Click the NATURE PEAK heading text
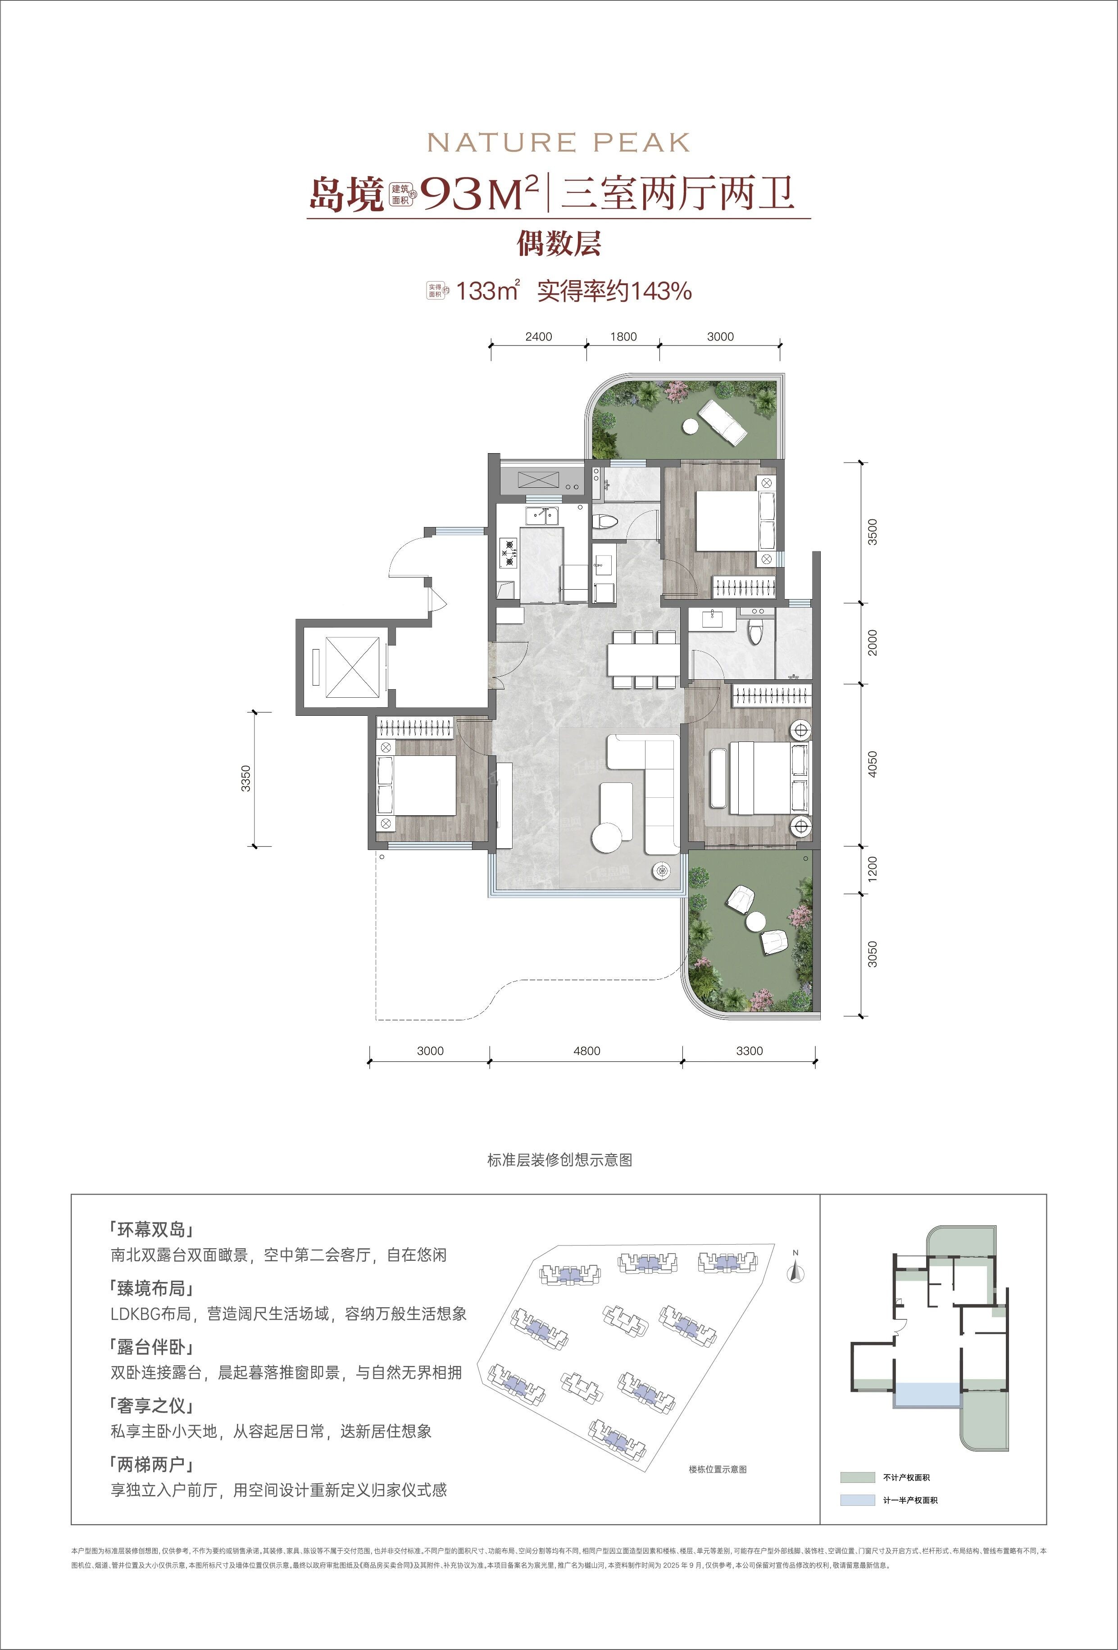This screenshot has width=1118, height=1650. click(559, 143)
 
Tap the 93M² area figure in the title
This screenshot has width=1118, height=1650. click(480, 193)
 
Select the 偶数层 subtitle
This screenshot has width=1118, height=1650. click(559, 244)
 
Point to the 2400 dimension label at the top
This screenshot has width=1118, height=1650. click(538, 336)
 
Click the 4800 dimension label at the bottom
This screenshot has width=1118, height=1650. click(586, 1051)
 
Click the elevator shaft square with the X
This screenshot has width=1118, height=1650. click(342, 668)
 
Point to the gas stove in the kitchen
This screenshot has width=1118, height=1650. click(508, 553)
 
